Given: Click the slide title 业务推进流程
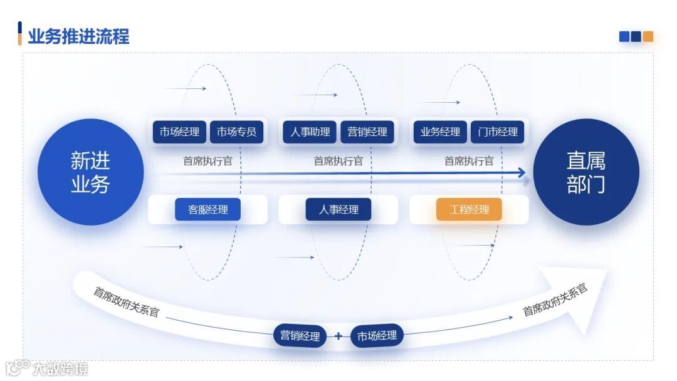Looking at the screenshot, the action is (x=78, y=36).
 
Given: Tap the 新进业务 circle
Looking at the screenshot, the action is (x=91, y=172).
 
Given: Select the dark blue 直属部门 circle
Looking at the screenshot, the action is (x=585, y=172).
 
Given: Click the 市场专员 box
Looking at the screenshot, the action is (x=236, y=132).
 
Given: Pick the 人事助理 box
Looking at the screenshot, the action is (x=310, y=132).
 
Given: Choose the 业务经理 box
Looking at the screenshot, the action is (x=440, y=132).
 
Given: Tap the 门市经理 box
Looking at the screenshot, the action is (x=497, y=132).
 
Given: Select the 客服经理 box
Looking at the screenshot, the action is (x=207, y=210).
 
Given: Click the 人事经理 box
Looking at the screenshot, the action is (x=338, y=210).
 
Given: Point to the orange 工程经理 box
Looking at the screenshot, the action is (x=469, y=210).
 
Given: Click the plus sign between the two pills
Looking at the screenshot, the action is (x=338, y=336).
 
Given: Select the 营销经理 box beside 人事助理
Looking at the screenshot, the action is (x=367, y=132).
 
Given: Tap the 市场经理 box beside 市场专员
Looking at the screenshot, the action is (x=179, y=132).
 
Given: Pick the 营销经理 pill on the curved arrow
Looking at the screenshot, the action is (x=300, y=336).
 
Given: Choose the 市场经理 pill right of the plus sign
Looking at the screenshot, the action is (x=377, y=336).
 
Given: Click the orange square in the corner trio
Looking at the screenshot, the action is (x=648, y=36).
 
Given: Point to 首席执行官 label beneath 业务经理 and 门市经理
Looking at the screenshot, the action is (x=469, y=161).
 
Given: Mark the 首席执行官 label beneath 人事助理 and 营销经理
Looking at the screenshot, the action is (x=338, y=161).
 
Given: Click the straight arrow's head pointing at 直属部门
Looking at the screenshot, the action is (x=522, y=172).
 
